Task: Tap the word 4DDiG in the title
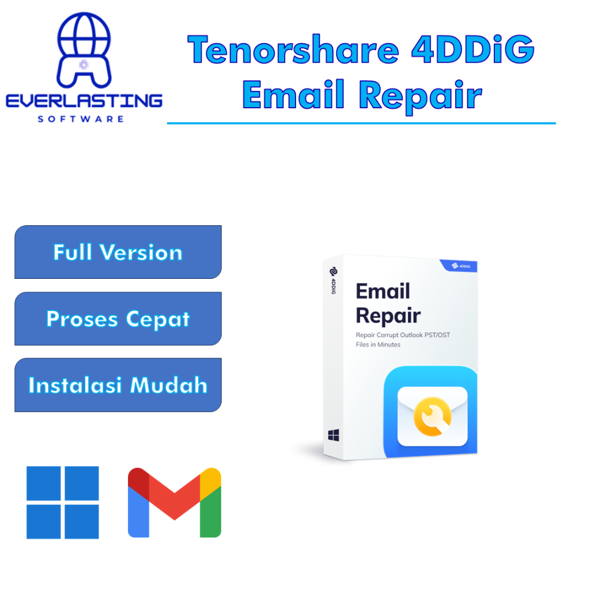pyautogui.click(x=473, y=51)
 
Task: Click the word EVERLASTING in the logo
pyautogui.click(x=84, y=101)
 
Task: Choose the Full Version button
pyautogui.click(x=118, y=252)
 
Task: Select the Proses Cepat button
pyautogui.click(x=118, y=319)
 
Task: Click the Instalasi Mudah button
pyautogui.click(x=118, y=385)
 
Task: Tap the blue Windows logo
pyautogui.click(x=63, y=502)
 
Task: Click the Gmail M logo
pyautogui.click(x=175, y=502)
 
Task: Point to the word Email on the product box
pyautogui.click(x=383, y=292)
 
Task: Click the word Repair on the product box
pyautogui.click(x=388, y=316)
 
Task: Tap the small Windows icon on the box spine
pyautogui.click(x=334, y=436)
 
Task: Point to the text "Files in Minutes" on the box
pyautogui.click(x=377, y=345)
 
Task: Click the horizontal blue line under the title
pyautogui.click(x=361, y=123)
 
